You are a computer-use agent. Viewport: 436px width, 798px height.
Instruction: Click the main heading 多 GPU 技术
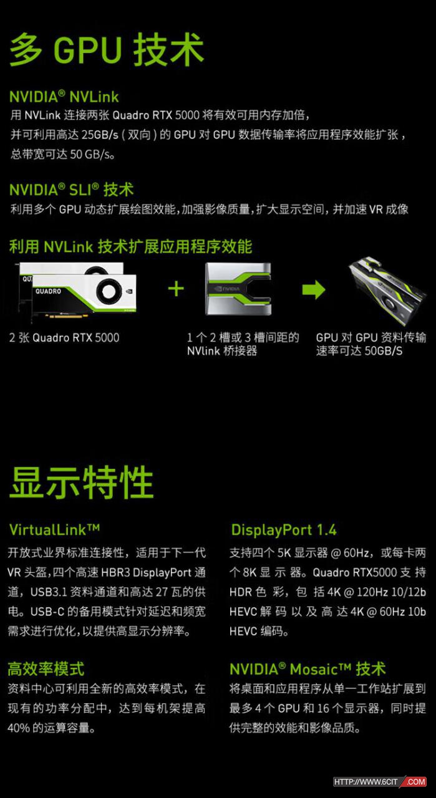(107, 49)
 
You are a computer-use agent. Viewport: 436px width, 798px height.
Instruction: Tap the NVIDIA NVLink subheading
(64, 97)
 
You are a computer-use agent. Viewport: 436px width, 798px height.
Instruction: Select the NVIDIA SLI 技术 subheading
(71, 189)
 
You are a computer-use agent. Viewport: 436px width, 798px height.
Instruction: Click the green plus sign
(176, 289)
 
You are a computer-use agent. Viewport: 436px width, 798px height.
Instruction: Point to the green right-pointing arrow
(314, 289)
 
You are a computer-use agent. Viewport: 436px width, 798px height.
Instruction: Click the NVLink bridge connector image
(238, 289)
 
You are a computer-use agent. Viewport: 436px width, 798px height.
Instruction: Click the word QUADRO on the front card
(48, 291)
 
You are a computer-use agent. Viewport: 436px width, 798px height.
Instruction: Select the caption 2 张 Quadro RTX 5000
(64, 337)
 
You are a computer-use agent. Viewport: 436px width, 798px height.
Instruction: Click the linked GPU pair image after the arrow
(387, 291)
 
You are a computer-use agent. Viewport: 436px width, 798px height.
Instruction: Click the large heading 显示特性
(81, 482)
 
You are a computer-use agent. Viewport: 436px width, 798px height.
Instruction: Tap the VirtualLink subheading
(54, 529)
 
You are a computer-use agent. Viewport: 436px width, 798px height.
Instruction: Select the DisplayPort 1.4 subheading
(284, 530)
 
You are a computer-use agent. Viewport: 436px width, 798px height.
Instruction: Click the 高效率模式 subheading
(46, 669)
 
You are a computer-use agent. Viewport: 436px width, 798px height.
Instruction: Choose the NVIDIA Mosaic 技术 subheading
(308, 669)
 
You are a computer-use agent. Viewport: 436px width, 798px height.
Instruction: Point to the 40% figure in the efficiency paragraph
(19, 728)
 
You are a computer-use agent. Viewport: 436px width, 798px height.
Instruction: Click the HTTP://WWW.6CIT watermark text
(366, 782)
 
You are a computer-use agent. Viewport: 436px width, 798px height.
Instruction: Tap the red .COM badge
(415, 782)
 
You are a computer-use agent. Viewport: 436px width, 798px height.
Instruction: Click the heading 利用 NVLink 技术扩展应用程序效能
(130, 246)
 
